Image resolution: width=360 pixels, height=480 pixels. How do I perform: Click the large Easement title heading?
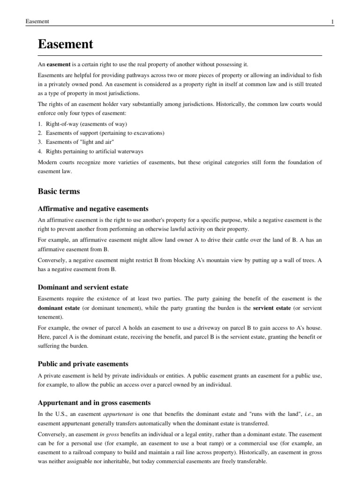click(65, 45)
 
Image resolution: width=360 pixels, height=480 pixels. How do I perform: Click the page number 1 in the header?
click(332, 22)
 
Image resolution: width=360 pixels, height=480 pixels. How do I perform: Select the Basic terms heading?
click(59, 191)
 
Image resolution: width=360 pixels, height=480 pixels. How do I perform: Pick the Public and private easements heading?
click(83, 364)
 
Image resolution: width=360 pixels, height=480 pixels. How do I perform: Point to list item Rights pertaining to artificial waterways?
click(94, 151)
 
